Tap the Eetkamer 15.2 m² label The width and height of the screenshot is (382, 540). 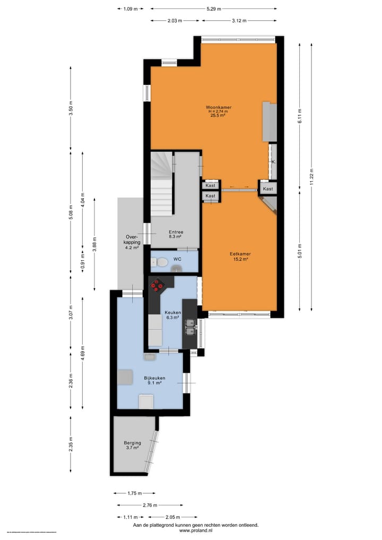pyautogui.click(x=240, y=257)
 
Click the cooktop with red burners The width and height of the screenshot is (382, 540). pyautogui.click(x=158, y=285)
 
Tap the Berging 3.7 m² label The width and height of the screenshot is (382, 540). pyautogui.click(x=132, y=445)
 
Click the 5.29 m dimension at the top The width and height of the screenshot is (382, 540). pyautogui.click(x=213, y=9)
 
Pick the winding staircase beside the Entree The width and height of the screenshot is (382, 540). pyautogui.click(x=162, y=182)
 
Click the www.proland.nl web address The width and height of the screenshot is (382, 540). pyautogui.click(x=196, y=530)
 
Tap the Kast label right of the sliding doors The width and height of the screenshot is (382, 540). pyautogui.click(x=268, y=189)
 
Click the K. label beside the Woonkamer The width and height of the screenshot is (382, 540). pyautogui.click(x=273, y=161)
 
